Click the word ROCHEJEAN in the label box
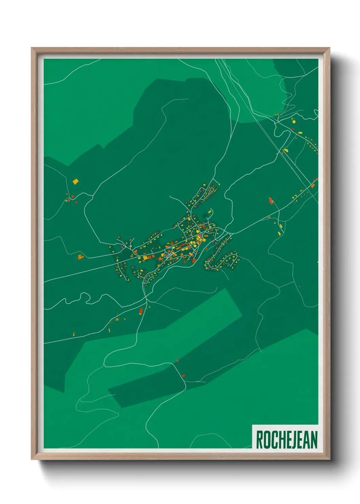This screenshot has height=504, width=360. [x=287, y=440]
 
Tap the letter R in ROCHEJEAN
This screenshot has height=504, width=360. [x=259, y=440]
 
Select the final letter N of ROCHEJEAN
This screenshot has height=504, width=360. [x=314, y=440]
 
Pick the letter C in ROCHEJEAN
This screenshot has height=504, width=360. [x=273, y=440]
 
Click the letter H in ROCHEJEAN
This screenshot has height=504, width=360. [x=280, y=440]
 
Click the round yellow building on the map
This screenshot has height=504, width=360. [x=294, y=121]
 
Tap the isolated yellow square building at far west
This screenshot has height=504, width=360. [x=75, y=182]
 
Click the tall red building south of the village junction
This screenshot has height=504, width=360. [x=141, y=311]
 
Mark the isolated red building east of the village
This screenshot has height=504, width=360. [x=271, y=201]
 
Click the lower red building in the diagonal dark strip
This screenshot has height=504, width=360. [x=183, y=376]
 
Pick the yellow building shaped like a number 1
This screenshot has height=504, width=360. [x=109, y=330]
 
